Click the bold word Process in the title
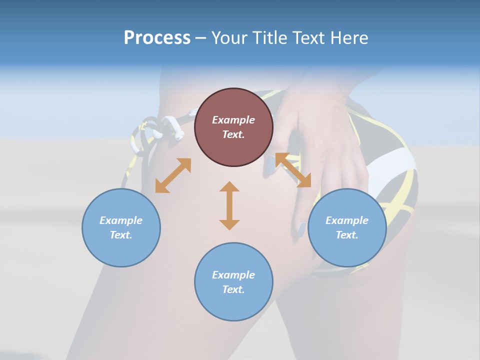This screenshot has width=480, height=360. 157,37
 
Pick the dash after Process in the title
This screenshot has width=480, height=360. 201,38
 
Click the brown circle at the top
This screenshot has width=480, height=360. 233,127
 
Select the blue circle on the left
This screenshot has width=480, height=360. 121,227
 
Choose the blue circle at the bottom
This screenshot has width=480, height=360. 233,282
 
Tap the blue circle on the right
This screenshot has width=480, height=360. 347,227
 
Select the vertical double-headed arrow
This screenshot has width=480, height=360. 229,205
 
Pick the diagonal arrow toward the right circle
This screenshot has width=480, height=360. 293,170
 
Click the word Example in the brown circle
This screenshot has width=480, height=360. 233,120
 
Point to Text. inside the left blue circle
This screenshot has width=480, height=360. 121,235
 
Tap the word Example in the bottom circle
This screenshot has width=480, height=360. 233,274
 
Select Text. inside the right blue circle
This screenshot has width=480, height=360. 347,235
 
